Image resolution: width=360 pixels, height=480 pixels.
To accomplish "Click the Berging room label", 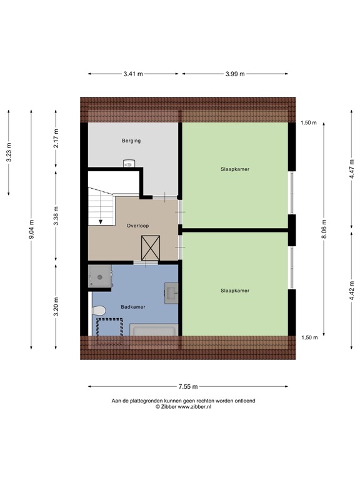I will tap(131, 141).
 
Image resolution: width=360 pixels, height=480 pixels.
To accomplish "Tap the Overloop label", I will tap(136, 225).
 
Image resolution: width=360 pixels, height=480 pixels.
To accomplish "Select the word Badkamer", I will tap(132, 307).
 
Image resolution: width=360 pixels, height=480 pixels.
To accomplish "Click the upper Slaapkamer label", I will tap(234, 169).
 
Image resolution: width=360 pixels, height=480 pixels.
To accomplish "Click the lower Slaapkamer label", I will tap(234, 290).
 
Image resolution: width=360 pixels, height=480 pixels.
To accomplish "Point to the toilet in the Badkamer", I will tap(99, 309).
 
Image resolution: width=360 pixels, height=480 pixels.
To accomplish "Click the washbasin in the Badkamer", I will tap(172, 292).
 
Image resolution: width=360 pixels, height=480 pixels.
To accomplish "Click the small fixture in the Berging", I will tap(129, 164).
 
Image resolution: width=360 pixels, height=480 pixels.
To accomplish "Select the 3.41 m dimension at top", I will tap(133, 74).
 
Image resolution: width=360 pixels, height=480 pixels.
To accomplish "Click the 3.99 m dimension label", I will tap(236, 74).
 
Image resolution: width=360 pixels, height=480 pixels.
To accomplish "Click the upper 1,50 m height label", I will tap(309, 122).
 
